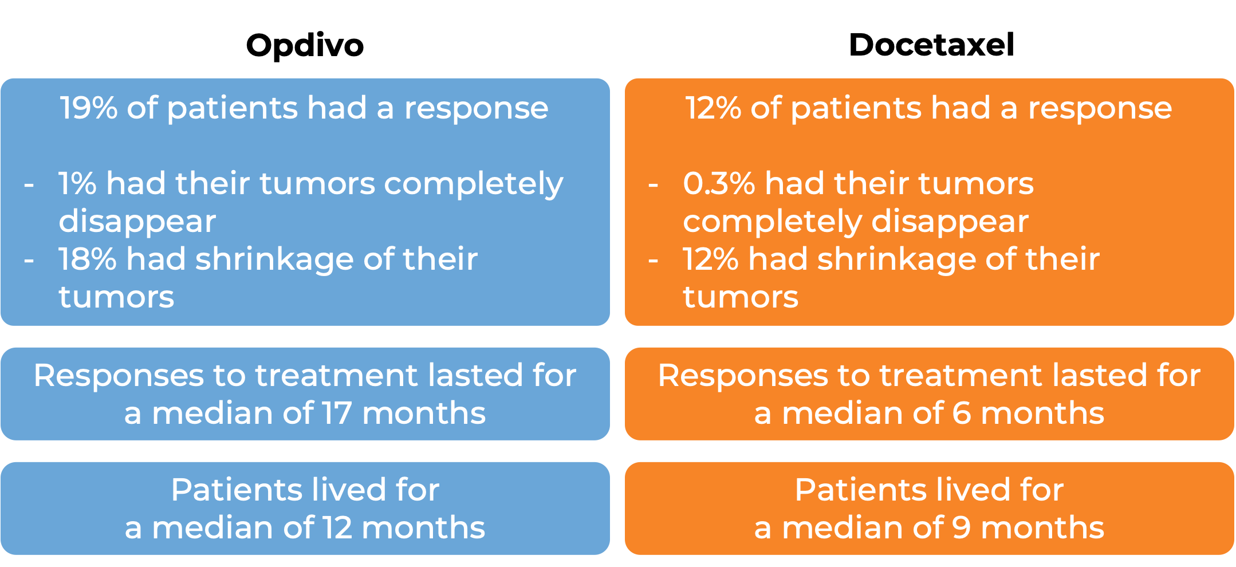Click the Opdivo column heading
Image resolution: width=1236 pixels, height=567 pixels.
(x=305, y=45)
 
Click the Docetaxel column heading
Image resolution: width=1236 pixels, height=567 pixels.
(x=931, y=45)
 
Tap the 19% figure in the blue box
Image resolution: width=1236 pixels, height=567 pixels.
(x=88, y=108)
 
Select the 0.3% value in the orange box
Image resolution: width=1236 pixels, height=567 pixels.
(x=719, y=183)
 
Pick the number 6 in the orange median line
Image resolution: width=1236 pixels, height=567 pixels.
(x=962, y=413)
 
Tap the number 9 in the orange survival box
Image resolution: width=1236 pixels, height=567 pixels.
(x=962, y=527)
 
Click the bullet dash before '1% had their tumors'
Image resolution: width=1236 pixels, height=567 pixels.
(x=29, y=186)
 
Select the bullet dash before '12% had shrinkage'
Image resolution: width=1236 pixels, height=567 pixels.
(x=653, y=261)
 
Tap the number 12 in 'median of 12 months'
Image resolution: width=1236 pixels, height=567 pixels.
(x=337, y=527)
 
